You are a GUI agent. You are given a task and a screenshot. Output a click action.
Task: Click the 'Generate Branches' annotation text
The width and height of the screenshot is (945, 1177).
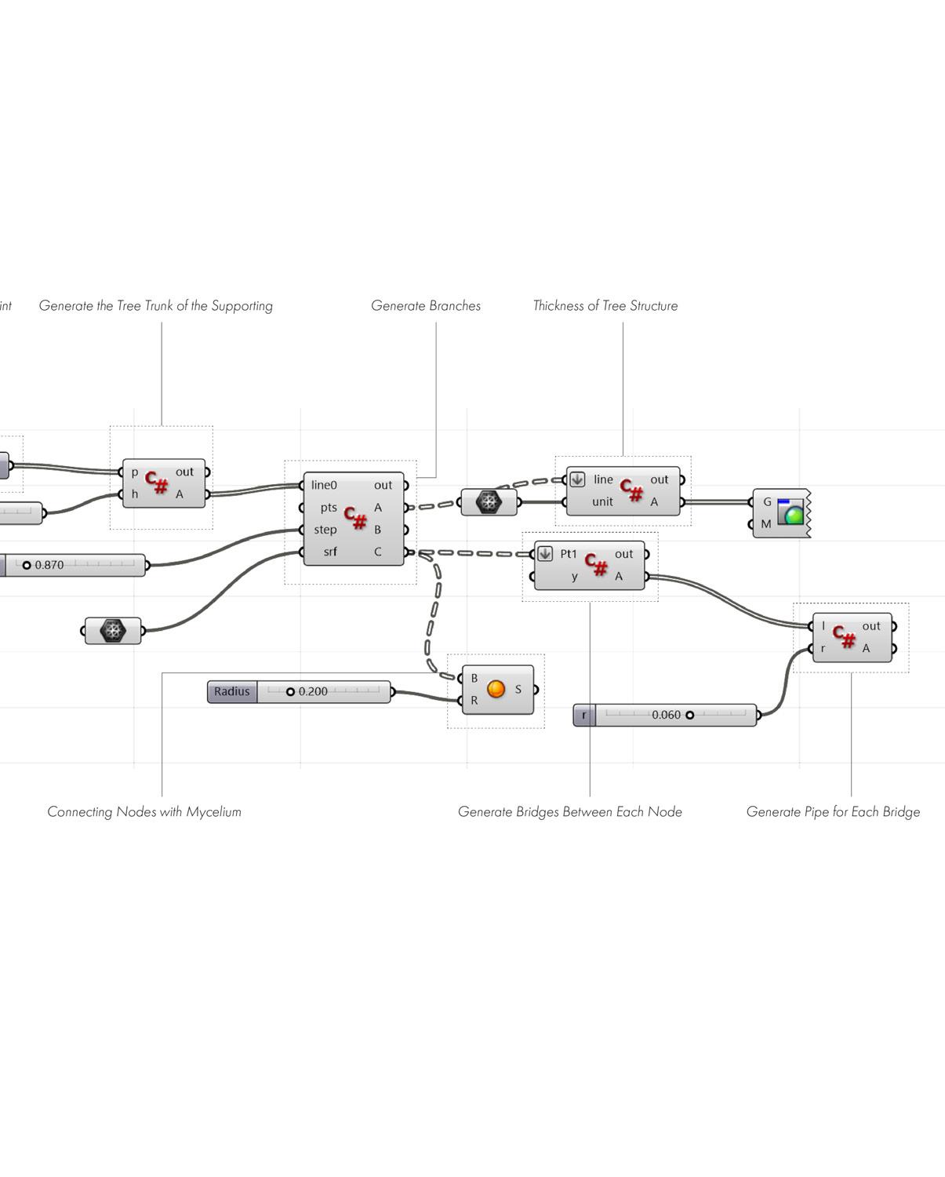tap(426, 306)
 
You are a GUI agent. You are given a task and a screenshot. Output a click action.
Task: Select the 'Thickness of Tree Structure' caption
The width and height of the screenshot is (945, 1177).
tap(605, 306)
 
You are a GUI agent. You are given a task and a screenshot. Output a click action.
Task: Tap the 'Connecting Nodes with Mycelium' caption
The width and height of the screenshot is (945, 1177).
tap(144, 812)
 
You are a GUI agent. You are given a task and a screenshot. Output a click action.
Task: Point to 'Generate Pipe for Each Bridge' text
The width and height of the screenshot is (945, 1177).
tap(833, 812)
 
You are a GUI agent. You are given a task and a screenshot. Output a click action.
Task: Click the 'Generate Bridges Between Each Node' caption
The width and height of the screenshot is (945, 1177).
tap(569, 812)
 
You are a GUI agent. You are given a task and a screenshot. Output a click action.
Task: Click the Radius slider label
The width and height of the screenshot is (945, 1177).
tap(232, 691)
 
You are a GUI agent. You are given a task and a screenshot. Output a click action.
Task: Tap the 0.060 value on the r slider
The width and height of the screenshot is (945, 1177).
tap(666, 715)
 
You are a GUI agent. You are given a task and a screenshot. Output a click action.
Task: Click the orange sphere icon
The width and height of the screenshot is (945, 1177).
tap(496, 689)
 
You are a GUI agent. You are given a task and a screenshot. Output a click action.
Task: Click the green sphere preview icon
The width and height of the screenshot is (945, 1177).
tap(793, 515)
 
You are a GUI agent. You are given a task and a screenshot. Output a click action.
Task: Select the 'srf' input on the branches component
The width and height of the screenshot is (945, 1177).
tap(330, 552)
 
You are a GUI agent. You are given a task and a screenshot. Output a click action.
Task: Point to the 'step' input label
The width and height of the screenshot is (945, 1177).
tap(325, 530)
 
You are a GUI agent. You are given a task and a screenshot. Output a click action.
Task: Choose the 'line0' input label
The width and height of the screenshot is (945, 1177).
tap(324, 485)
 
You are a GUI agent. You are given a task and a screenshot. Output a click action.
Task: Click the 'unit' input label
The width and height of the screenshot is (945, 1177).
tap(602, 501)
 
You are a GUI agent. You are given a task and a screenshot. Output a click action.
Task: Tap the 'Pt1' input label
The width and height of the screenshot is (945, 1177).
tap(569, 554)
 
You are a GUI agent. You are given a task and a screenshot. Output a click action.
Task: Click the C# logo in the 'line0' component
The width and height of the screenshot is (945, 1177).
tap(355, 518)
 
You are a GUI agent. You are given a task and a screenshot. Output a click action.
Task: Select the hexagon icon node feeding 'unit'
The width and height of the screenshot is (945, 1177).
tap(489, 502)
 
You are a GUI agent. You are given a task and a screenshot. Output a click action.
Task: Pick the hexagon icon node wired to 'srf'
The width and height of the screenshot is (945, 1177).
tap(114, 630)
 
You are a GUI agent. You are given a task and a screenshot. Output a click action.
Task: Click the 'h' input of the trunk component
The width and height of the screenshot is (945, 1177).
tap(135, 494)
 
